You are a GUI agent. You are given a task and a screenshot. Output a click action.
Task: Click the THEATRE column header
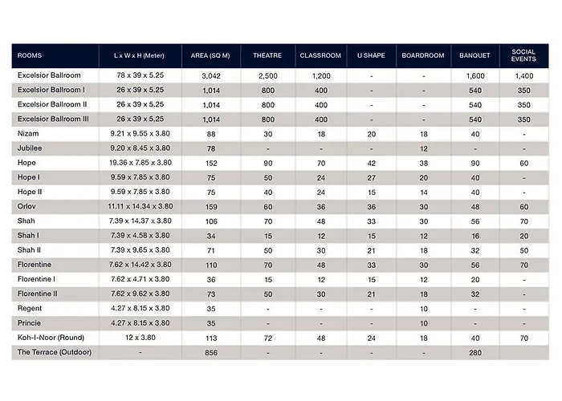click(267, 56)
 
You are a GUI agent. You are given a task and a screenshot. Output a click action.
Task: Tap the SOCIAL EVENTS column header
click(523, 56)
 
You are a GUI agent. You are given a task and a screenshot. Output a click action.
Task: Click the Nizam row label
click(29, 133)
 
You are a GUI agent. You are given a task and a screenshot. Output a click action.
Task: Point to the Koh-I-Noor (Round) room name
click(52, 338)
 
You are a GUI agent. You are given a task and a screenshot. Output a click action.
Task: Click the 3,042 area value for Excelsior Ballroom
click(211, 75)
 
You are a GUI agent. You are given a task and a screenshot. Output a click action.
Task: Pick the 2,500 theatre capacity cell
click(267, 75)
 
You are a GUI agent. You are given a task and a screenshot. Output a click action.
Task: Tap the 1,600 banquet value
click(474, 75)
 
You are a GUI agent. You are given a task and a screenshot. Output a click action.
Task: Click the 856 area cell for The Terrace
click(211, 352)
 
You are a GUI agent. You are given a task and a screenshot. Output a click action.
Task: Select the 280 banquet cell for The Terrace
click(474, 352)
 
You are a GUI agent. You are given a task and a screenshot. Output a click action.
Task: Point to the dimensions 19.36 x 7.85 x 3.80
click(140, 163)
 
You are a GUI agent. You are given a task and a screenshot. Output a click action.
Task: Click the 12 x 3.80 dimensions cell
click(140, 338)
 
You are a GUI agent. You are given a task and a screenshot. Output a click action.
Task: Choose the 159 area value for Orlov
click(211, 206)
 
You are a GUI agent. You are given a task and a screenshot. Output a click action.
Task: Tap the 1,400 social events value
click(523, 75)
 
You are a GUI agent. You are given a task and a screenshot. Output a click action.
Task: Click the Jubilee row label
click(31, 148)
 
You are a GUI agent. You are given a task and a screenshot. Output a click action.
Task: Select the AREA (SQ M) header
click(211, 56)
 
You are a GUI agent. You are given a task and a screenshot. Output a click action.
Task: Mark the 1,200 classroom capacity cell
click(320, 75)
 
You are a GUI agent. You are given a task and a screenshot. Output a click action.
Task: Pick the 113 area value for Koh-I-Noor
click(211, 338)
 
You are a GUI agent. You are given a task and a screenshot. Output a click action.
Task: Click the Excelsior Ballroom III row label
click(54, 119)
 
